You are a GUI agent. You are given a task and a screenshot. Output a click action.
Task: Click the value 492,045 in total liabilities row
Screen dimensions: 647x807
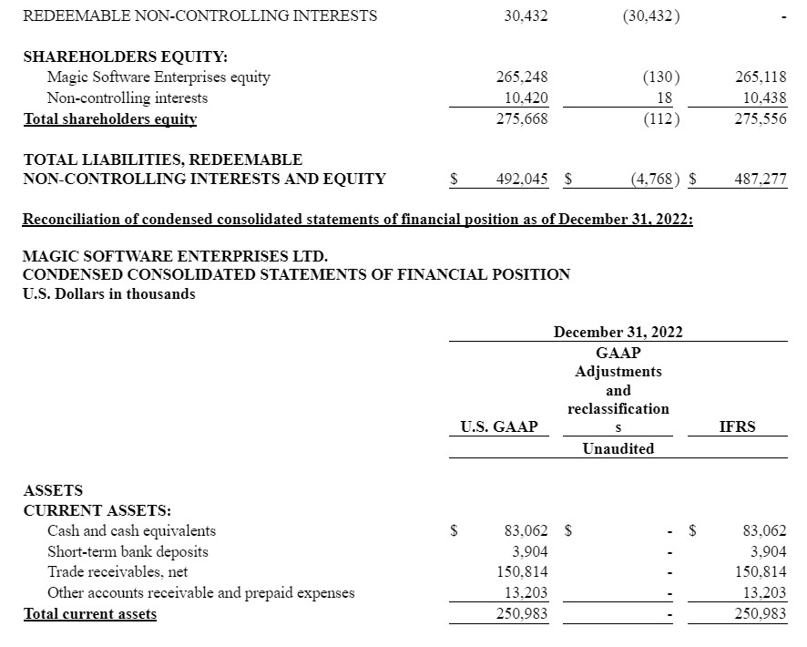[522, 180]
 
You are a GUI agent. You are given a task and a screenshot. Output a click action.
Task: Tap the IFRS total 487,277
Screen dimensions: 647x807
[761, 180]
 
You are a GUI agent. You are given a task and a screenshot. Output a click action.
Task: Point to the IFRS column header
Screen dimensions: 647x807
[737, 426]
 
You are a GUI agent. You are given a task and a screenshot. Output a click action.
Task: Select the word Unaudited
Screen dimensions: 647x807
[618, 448]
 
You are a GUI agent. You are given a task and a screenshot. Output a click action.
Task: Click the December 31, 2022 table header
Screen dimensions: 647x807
[618, 332]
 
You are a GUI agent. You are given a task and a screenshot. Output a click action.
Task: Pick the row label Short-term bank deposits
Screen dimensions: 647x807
[128, 551]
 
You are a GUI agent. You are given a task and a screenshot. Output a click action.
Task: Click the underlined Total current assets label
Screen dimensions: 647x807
[90, 614]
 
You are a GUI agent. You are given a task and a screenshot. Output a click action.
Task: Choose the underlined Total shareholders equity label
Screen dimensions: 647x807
[110, 119]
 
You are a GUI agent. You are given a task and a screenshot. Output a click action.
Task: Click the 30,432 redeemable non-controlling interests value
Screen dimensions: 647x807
[526, 15]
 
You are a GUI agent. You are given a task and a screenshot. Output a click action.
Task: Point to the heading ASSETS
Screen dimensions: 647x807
[52, 490]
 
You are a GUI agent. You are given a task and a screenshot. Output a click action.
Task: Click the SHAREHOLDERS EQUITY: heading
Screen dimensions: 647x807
[126, 56]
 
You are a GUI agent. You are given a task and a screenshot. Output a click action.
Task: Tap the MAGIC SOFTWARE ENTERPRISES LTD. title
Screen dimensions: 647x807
[174, 256]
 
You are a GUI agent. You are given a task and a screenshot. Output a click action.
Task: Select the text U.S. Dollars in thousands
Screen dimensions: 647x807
[108, 293]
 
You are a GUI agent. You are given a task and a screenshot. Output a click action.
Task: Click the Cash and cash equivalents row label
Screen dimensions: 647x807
[131, 530]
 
